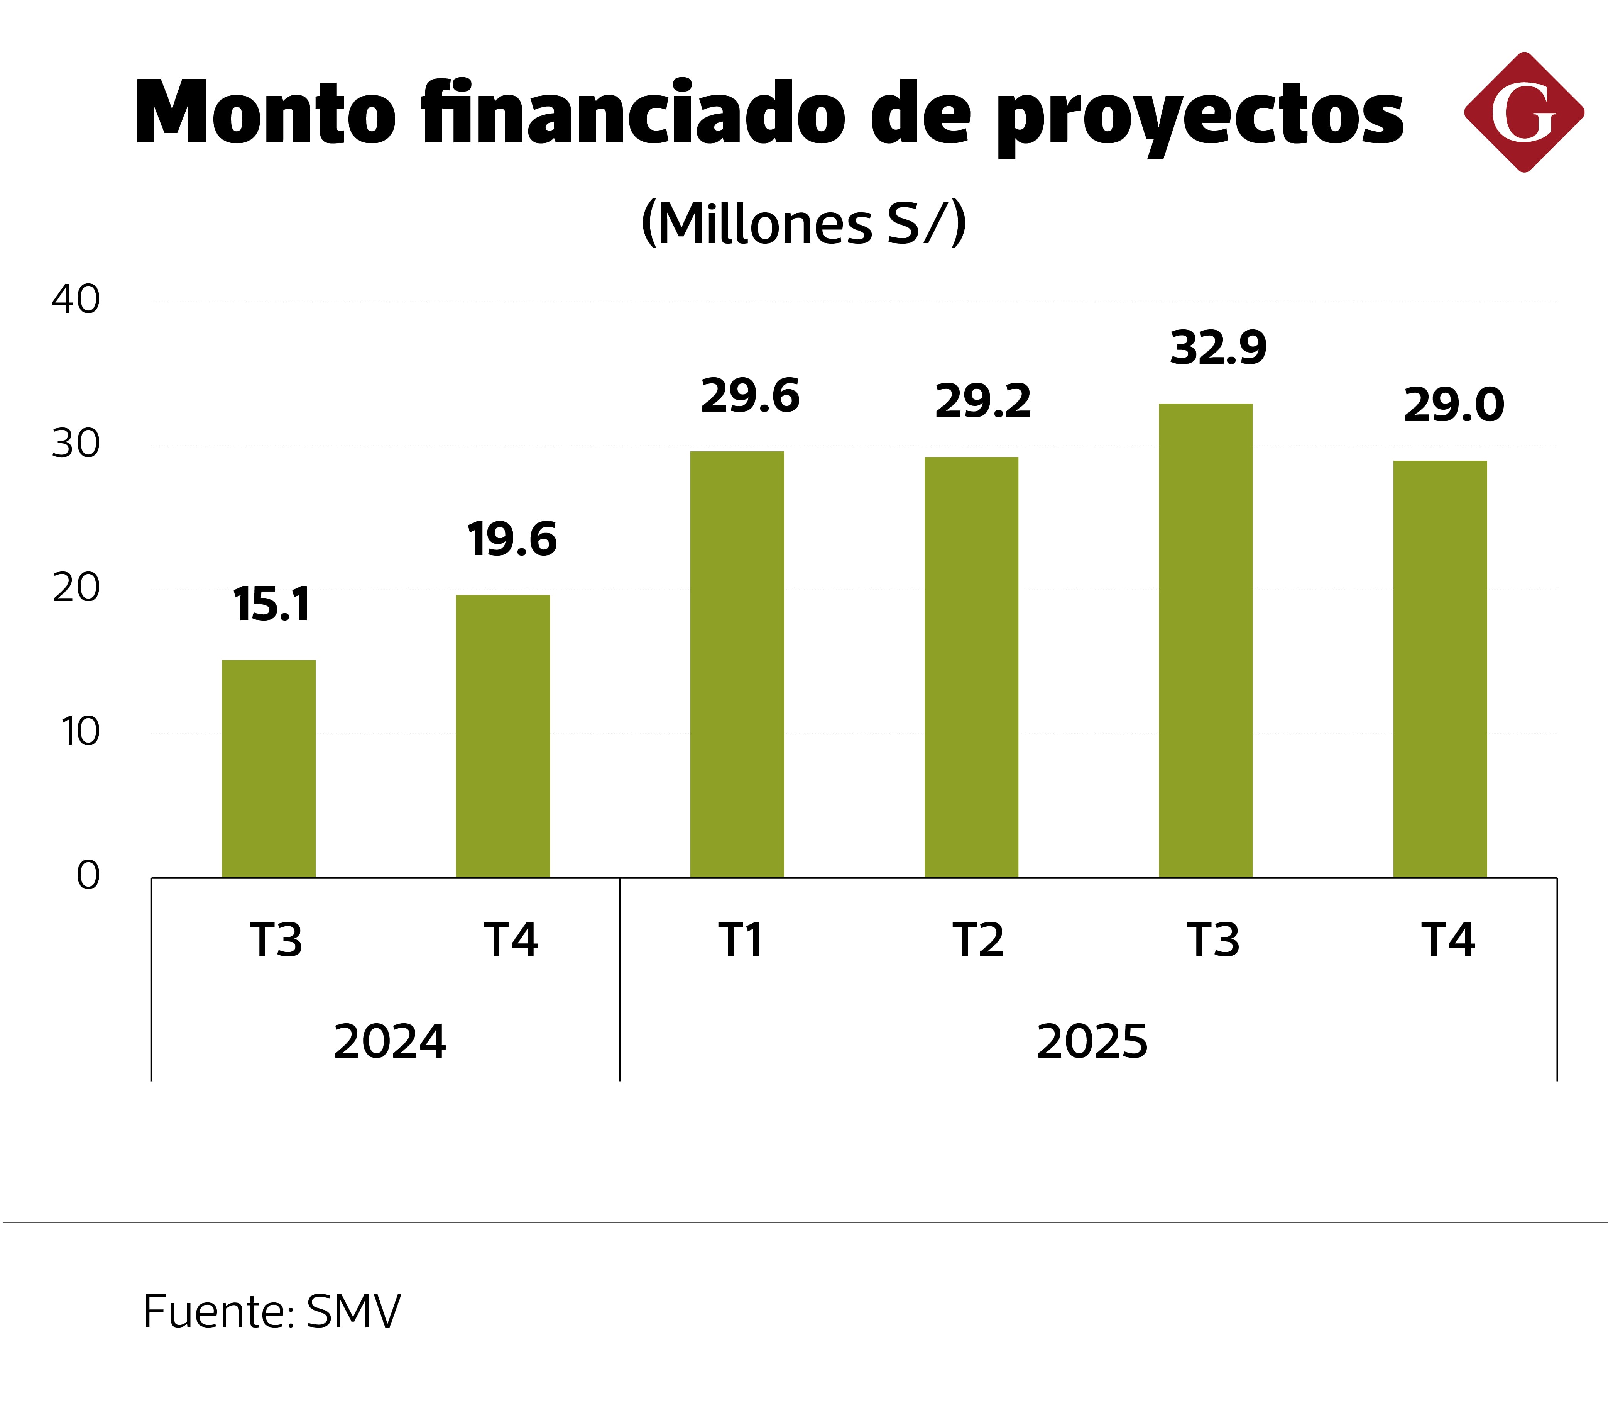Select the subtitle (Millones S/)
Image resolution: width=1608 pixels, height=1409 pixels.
point(803,223)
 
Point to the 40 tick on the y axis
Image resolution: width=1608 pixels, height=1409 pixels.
point(76,300)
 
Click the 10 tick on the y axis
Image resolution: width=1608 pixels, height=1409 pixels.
point(80,732)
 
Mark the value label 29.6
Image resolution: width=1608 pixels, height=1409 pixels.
point(750,395)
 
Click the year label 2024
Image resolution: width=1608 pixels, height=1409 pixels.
point(390,1042)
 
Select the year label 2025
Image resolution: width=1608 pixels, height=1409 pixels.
point(1092,1042)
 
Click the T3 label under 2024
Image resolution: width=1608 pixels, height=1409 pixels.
point(276,939)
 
